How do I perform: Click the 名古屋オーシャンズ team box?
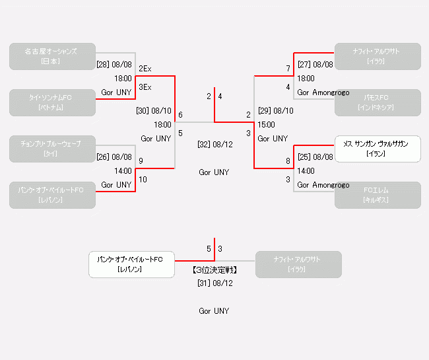[x=52, y=56]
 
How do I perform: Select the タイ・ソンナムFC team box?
[x=52, y=102]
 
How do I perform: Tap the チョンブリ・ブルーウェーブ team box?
[x=52, y=149]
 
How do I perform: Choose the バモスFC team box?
[x=377, y=102]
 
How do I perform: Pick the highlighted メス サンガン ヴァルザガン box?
[x=377, y=149]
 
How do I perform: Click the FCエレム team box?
[x=377, y=195]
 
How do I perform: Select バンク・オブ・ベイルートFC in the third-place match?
[x=131, y=264]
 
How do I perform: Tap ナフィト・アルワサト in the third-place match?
[x=298, y=264]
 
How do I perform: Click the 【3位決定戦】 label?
[x=214, y=270]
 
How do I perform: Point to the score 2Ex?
[x=145, y=69]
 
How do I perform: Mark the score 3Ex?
[x=145, y=87]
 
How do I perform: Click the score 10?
[x=143, y=180]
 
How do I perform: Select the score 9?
[x=141, y=161]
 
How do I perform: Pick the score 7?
[x=288, y=69]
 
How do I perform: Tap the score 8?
[x=288, y=161]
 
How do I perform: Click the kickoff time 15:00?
[x=267, y=124]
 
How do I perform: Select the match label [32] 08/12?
[x=214, y=144]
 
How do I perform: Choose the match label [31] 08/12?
[x=214, y=283]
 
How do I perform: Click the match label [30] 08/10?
[x=154, y=110]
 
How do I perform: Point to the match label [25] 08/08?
[x=315, y=157]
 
